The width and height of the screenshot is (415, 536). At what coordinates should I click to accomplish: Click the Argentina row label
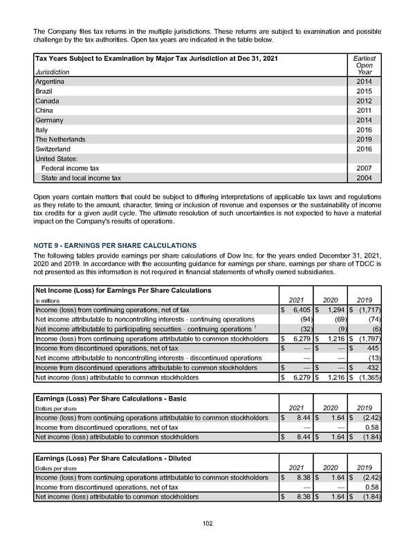point(51,82)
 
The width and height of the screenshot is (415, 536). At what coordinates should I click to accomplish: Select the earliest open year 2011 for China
point(364,111)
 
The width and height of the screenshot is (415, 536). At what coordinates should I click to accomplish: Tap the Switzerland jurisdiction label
point(53,149)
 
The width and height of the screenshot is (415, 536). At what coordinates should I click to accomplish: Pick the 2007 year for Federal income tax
point(364,168)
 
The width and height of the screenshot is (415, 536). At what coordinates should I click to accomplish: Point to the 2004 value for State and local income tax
point(364,178)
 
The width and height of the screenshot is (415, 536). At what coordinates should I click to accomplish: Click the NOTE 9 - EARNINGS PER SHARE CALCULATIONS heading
point(115,245)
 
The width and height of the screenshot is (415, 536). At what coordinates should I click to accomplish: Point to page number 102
point(207,524)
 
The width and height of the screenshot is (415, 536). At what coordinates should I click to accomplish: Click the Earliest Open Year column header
point(364,65)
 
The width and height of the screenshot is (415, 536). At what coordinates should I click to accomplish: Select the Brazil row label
point(44,91)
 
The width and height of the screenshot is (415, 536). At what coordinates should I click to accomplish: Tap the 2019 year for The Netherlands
point(364,139)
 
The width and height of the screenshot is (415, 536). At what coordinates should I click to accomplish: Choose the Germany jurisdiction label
point(49,120)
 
